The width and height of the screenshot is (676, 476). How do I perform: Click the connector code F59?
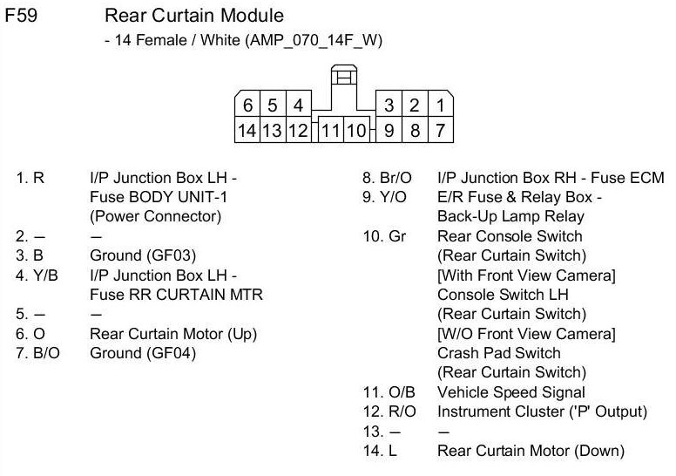coord(21,16)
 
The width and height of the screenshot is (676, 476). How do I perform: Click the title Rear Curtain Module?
coord(194,16)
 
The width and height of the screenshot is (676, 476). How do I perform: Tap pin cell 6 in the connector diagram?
coord(247,105)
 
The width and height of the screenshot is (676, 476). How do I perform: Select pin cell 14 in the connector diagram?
coord(247,130)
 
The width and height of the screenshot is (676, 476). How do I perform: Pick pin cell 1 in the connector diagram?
coord(440,105)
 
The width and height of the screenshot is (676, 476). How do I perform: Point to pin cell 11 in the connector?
coord(331,130)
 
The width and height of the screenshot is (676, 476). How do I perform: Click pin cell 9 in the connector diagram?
coord(389,130)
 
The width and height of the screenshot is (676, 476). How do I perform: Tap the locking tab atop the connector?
coord(344,75)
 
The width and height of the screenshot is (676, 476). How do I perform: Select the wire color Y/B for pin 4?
coord(45,275)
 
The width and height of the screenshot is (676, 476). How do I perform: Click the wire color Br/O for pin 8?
coord(395,178)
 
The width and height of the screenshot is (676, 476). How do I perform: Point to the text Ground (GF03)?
coord(143,255)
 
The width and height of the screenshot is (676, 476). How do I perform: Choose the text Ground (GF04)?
coord(143,353)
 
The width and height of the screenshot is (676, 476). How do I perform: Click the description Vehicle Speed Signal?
coord(510,391)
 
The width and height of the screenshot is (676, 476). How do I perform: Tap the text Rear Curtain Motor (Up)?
coord(173,334)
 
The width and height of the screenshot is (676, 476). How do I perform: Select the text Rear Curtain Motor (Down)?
coord(531,451)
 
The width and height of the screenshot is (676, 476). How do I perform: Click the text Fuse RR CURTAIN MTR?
coord(176,295)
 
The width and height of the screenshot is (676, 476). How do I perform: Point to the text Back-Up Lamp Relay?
coord(510,216)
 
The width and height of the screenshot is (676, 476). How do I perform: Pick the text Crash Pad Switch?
coord(499,353)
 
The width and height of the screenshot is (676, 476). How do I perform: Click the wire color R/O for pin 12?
coord(402,411)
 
